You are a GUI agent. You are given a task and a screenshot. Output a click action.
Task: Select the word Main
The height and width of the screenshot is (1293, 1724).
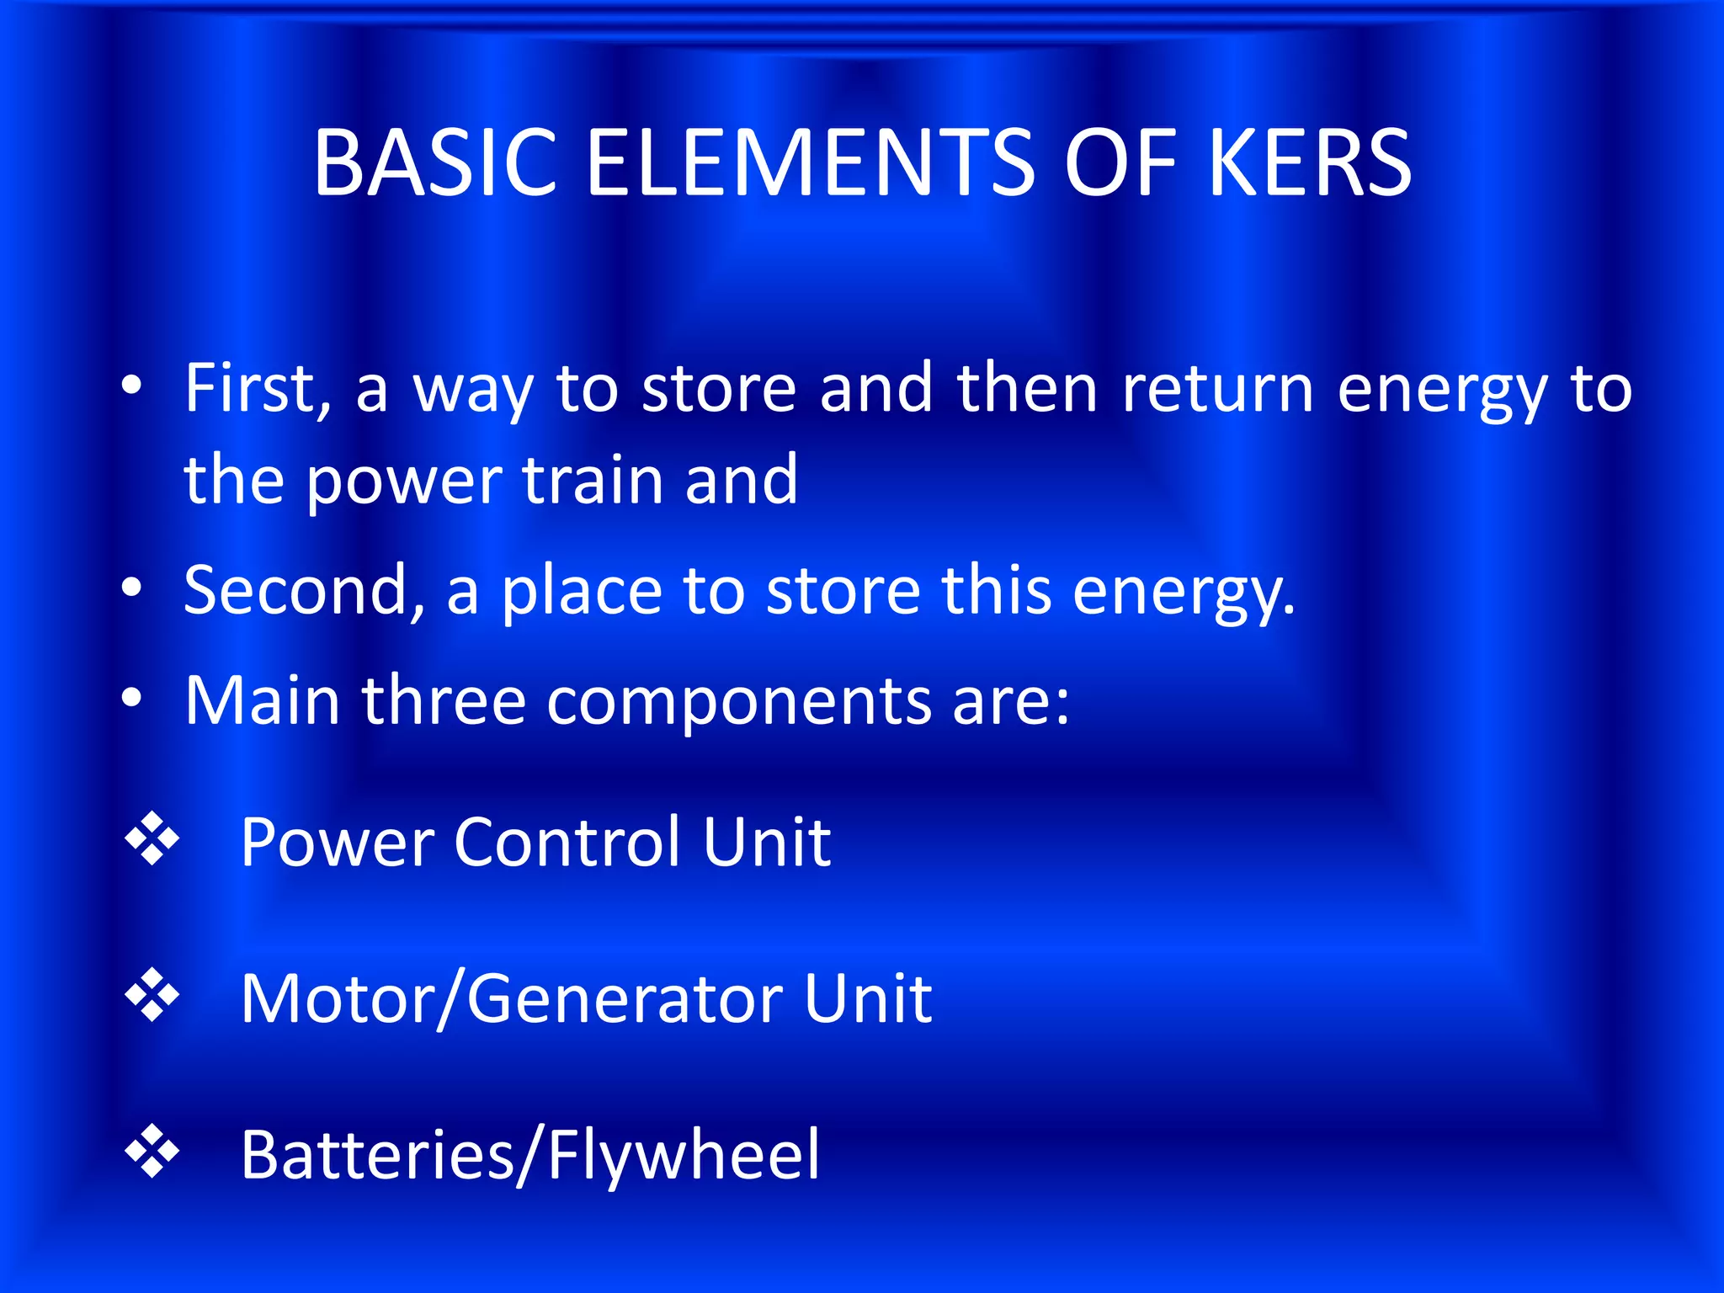(262, 700)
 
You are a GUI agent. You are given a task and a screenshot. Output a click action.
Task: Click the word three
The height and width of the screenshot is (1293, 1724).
(444, 700)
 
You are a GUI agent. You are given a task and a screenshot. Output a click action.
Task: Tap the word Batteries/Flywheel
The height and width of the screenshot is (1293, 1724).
(529, 1156)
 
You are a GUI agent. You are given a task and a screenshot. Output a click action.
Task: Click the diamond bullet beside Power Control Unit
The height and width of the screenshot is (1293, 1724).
(152, 838)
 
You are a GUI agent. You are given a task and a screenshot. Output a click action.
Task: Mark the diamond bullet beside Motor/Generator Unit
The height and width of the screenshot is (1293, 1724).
(152, 995)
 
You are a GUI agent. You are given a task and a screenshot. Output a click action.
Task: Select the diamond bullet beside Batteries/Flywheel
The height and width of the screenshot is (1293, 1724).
(152, 1150)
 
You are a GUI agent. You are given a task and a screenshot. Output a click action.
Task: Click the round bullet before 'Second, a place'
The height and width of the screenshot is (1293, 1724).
(131, 588)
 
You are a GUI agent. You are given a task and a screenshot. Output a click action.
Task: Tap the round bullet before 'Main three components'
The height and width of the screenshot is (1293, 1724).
(131, 697)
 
